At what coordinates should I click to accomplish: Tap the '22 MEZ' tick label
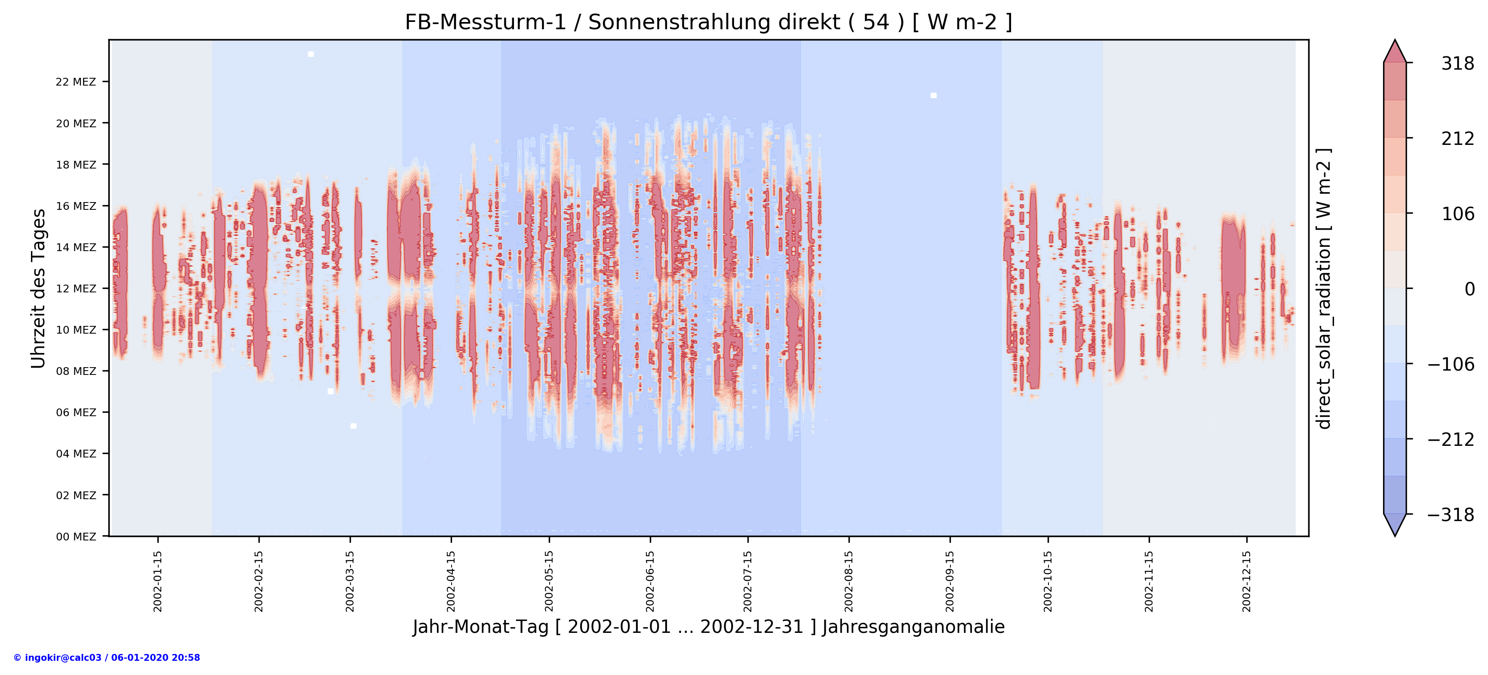tap(76, 82)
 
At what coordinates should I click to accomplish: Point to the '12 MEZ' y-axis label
tap(76, 289)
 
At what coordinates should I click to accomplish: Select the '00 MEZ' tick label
tap(76, 537)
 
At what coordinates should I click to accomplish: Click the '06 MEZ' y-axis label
tap(76, 412)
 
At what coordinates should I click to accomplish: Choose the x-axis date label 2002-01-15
tap(158, 581)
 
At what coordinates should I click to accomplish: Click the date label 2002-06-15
tap(650, 581)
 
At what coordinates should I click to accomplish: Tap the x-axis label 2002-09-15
tap(950, 581)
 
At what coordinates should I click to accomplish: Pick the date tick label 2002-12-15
tap(1247, 581)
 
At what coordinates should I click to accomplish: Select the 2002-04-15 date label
tap(451, 581)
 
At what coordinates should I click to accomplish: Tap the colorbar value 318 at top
tap(1457, 64)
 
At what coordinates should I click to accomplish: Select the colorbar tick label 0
tap(1469, 289)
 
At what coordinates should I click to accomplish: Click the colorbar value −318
tap(1451, 515)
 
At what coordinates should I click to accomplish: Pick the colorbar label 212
tap(1457, 138)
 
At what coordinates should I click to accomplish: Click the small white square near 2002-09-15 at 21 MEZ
tap(934, 95)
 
